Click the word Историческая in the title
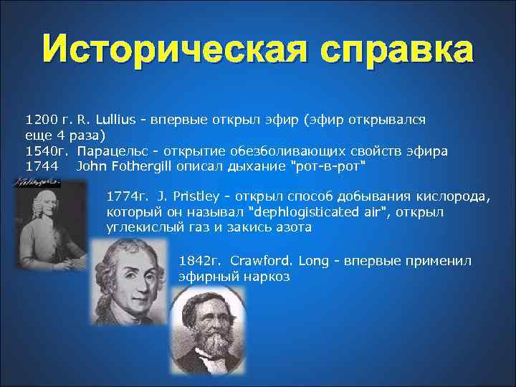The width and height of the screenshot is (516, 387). pyautogui.click(x=173, y=51)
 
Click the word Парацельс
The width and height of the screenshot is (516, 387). pyautogui.click(x=110, y=151)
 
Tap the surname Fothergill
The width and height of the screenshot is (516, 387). pyautogui.click(x=143, y=167)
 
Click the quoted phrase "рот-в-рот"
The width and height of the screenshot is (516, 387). pyautogui.click(x=330, y=167)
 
